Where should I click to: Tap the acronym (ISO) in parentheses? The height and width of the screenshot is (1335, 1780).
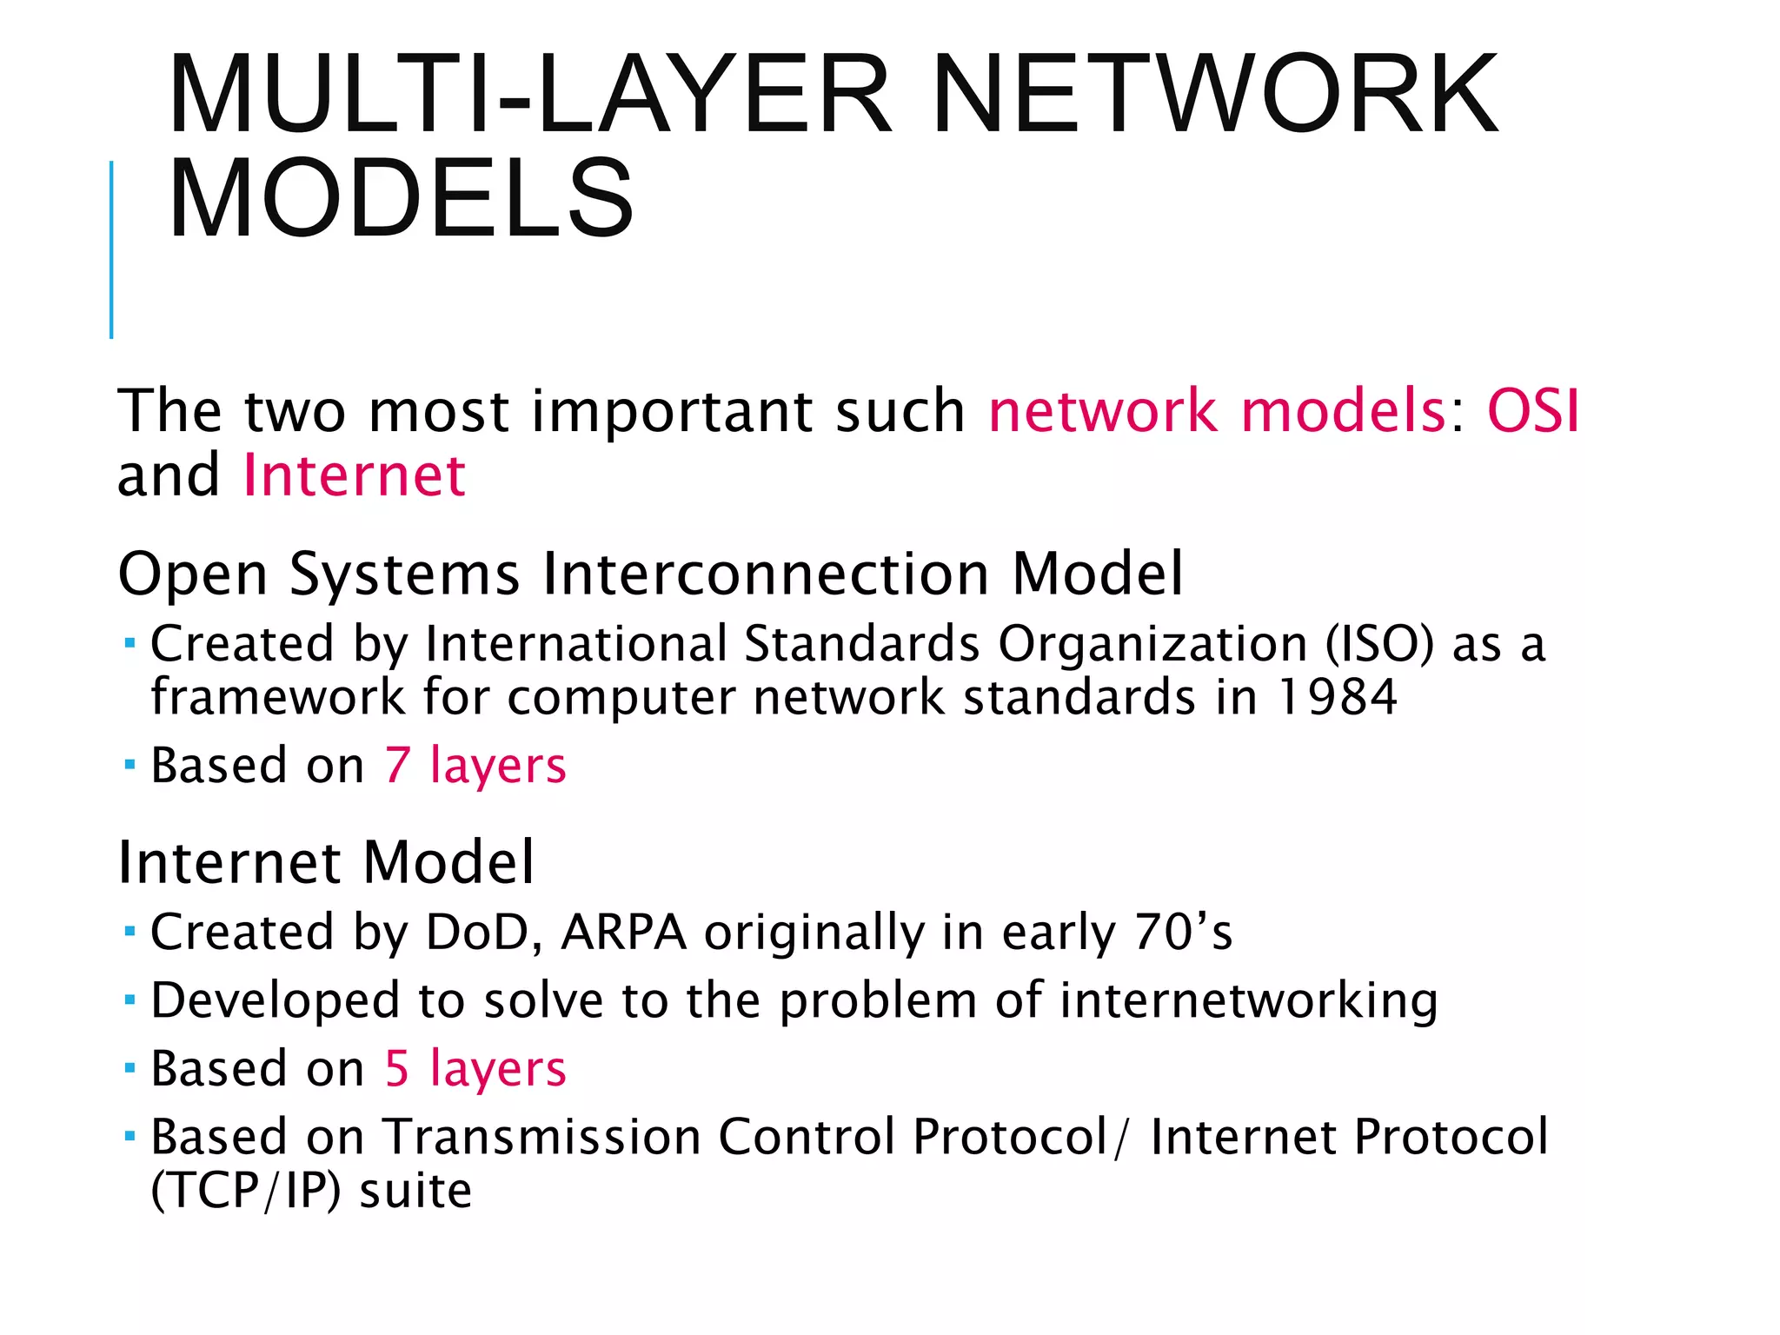point(1380,645)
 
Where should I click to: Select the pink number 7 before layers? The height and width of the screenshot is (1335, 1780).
point(397,766)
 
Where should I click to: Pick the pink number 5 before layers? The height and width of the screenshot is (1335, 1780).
point(397,1069)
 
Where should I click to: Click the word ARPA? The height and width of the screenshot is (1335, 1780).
point(624,933)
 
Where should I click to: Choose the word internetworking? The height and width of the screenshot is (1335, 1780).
point(1248,1000)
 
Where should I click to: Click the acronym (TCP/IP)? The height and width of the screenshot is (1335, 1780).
point(246,1190)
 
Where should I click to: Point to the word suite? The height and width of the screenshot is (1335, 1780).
point(415,1190)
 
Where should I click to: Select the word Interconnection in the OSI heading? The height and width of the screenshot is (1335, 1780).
point(766,575)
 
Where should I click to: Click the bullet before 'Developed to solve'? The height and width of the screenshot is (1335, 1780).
point(130,1000)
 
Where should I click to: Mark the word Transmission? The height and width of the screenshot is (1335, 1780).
point(542,1137)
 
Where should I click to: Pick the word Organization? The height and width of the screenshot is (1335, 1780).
point(1152,645)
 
